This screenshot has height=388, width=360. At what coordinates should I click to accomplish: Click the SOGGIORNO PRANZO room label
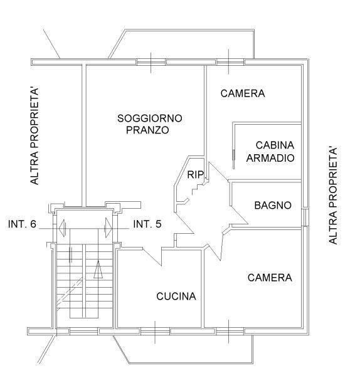[x=150, y=124]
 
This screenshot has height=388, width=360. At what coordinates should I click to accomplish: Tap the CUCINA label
[x=176, y=296]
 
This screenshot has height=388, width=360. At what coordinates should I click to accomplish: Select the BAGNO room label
[x=273, y=206]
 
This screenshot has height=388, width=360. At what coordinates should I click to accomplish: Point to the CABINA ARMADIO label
[x=270, y=152]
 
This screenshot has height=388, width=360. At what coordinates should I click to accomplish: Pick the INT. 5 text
[x=147, y=224]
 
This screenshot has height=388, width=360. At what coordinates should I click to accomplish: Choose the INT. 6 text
[x=23, y=224]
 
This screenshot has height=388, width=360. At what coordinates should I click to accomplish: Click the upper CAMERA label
[x=243, y=93]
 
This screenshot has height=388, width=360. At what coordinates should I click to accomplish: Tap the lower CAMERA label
[x=270, y=278]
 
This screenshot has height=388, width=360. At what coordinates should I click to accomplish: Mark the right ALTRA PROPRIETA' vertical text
[x=333, y=196]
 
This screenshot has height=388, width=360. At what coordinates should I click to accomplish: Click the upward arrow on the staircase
[x=98, y=270]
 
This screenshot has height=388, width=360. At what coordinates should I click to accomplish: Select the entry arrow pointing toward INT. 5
[x=109, y=228]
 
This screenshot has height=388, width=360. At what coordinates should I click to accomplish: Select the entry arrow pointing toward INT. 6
[x=62, y=228]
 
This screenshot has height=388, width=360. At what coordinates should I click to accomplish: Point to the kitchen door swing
[x=152, y=256]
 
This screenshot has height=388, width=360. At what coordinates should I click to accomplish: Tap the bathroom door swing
[x=239, y=215]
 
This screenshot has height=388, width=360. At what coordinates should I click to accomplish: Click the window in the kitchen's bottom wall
[x=156, y=331]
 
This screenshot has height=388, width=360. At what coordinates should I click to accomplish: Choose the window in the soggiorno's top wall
[x=151, y=62]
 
